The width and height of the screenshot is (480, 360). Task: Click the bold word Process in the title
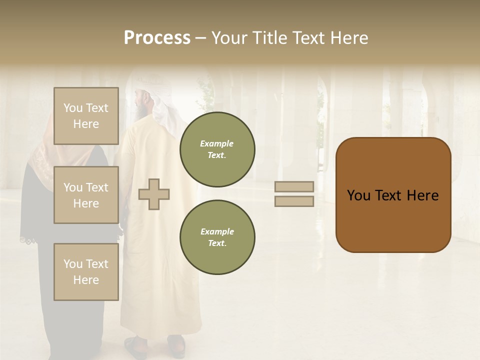click(157, 38)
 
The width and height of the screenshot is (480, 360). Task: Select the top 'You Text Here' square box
click(86, 116)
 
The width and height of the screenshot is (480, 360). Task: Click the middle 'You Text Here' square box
click(86, 195)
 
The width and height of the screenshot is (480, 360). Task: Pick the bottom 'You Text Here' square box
click(86, 271)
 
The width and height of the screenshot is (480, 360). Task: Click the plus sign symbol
click(154, 194)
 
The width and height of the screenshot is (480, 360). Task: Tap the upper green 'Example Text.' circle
click(217, 149)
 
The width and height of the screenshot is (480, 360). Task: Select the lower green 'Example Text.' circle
click(217, 237)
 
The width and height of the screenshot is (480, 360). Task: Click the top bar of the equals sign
click(294, 186)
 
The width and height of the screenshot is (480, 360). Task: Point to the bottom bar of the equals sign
click(294, 201)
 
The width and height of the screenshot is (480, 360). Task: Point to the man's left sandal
click(135, 346)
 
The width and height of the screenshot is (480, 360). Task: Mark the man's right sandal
click(176, 344)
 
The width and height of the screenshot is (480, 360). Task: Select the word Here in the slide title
click(349, 38)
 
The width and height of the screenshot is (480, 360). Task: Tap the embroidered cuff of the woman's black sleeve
click(29, 239)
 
